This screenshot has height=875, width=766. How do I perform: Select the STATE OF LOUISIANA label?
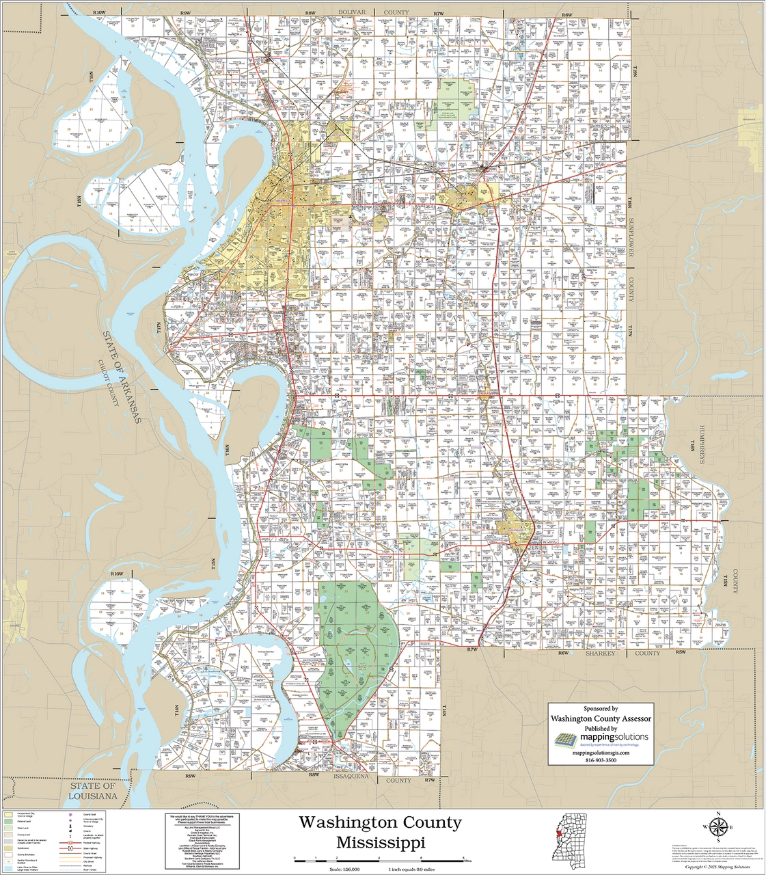click(x=94, y=792)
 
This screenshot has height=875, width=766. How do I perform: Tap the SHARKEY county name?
click(x=600, y=653)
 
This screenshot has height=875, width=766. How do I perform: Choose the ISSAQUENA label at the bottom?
click(x=351, y=777)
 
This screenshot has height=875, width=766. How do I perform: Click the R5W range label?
click(x=680, y=653)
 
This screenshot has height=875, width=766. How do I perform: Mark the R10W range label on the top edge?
click(x=100, y=13)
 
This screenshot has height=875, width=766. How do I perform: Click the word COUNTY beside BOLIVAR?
click(x=396, y=12)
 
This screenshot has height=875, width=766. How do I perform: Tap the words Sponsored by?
click(x=601, y=709)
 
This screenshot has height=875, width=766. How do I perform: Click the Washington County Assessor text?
click(x=601, y=718)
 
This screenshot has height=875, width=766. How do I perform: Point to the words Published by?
click(x=601, y=729)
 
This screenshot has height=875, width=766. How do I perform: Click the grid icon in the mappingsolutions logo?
click(x=565, y=740)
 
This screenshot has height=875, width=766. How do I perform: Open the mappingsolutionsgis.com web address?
click(x=601, y=752)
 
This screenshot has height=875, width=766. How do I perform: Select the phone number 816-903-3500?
click(x=601, y=760)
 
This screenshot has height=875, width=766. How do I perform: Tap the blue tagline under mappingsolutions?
click(x=610, y=745)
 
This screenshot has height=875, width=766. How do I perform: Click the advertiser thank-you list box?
click(x=200, y=842)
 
